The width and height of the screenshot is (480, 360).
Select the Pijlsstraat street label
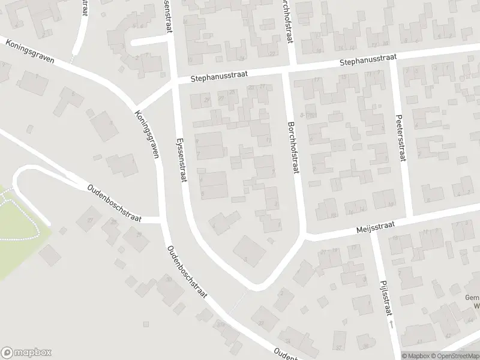pyautogui.click(x=383, y=298)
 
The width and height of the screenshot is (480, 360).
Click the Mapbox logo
pyautogui.click(x=26, y=353)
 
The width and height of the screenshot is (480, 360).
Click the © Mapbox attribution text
pyautogui.click(x=415, y=355)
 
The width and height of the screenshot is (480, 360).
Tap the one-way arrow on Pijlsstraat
pyautogui.click(x=391, y=324)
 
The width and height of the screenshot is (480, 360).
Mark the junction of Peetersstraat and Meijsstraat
pyautogui.click(x=409, y=217)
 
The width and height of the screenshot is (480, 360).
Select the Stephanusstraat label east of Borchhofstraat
pyautogui.click(x=368, y=61)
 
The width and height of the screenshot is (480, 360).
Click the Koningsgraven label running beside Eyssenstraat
pyautogui.click(x=148, y=134)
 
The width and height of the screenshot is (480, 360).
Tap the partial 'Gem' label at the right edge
pyautogui.click(x=472, y=298)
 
